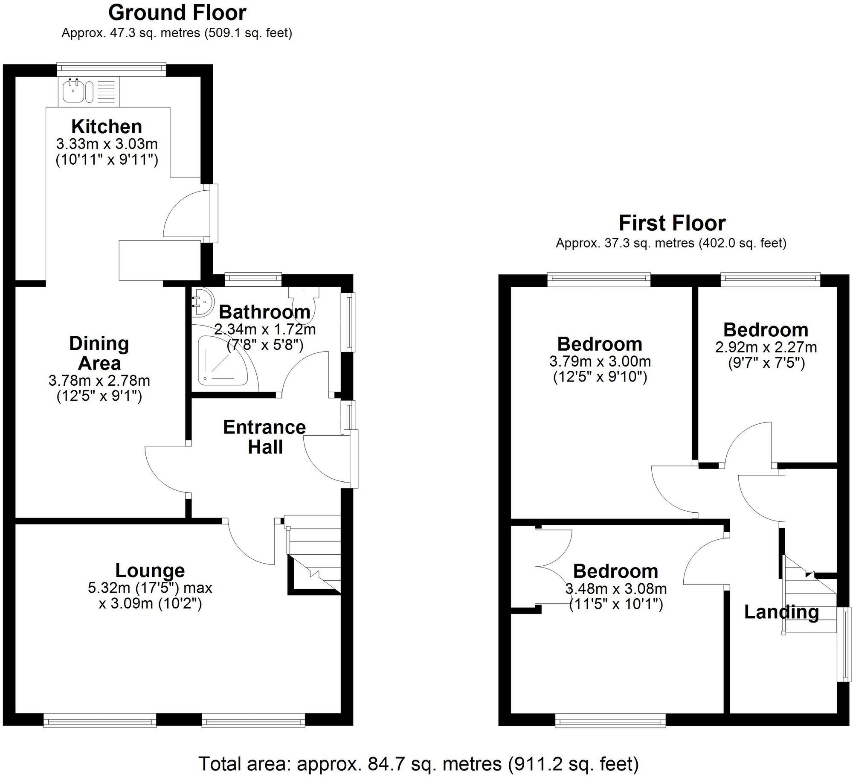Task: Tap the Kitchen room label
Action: [x=107, y=127]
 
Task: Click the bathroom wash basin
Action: [x=200, y=301]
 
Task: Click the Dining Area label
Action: [x=99, y=354]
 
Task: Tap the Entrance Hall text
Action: [x=264, y=437]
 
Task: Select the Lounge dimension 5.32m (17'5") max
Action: [x=150, y=588]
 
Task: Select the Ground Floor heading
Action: [x=177, y=13]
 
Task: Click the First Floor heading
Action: [x=672, y=223]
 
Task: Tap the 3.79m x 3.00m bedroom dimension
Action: [x=600, y=362]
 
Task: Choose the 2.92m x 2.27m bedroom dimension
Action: [x=766, y=347]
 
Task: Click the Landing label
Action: [x=781, y=612]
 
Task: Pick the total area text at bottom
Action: [x=418, y=752]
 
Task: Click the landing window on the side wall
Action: [x=844, y=644]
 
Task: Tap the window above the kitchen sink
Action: [x=112, y=67]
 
